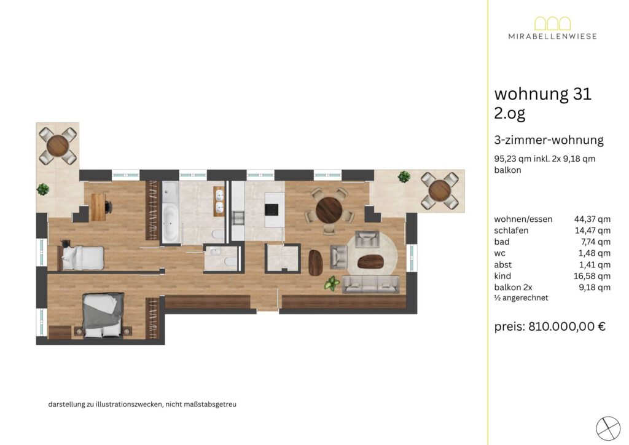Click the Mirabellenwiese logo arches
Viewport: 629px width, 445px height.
click(552, 23)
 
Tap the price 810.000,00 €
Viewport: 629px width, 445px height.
click(567, 326)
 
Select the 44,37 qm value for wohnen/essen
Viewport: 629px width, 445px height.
click(592, 219)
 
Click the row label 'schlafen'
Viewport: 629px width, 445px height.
click(511, 230)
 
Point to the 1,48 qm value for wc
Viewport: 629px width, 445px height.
click(594, 253)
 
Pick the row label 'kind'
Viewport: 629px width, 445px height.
click(502, 276)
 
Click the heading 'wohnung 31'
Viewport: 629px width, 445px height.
click(543, 94)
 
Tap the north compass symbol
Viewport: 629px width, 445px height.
click(608, 428)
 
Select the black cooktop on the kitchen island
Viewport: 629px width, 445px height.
click(271, 210)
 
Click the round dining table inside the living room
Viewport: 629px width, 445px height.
click(329, 210)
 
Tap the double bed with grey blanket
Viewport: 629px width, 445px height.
click(103, 315)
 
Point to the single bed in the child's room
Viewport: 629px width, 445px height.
click(82, 258)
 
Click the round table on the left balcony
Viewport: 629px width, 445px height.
click(58, 146)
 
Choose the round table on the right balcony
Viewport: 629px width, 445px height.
click(440, 190)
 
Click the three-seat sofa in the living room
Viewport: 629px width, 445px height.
click(370, 285)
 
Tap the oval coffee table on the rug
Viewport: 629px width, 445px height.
click(370, 262)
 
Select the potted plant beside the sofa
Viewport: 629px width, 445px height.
click(332, 283)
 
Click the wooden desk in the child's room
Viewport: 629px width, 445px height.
click(98, 207)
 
